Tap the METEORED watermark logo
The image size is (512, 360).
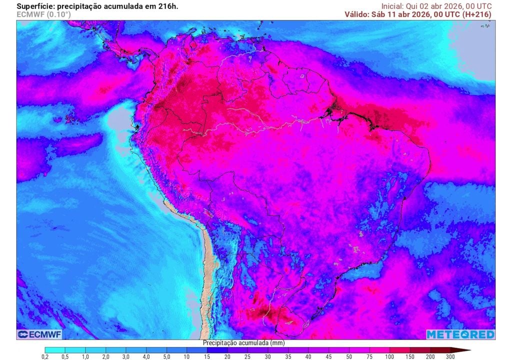(x=460, y=334)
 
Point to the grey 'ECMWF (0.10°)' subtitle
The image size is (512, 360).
(x=44, y=14)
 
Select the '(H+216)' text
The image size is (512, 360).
(x=477, y=14)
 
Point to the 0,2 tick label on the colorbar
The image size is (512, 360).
(x=45, y=356)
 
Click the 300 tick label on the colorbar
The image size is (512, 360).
(x=450, y=356)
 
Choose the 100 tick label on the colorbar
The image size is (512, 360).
(x=389, y=356)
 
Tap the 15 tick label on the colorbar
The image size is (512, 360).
(x=207, y=356)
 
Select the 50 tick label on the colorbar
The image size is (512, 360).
(x=349, y=356)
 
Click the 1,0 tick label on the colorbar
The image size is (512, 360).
(x=85, y=356)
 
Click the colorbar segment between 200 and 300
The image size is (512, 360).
(x=440, y=350)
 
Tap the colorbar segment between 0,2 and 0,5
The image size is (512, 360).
(x=55, y=350)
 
